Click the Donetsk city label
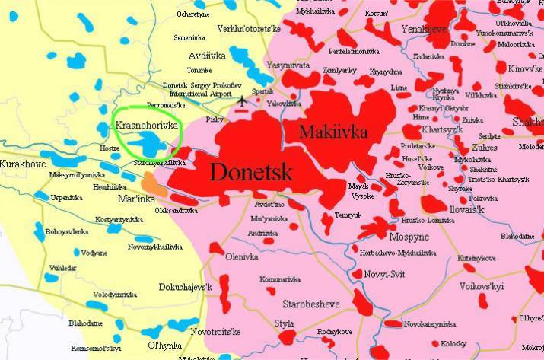[x=250, y=171]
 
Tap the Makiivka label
[x=333, y=132]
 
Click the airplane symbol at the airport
[x=243, y=100]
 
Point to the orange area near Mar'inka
[x=152, y=183]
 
